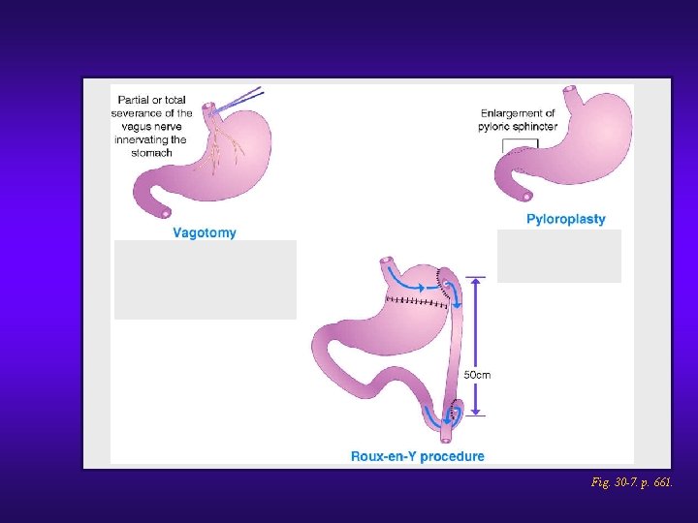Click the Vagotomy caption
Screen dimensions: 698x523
[204, 232]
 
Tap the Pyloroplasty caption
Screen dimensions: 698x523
[565, 219]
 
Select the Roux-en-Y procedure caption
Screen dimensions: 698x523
[417, 456]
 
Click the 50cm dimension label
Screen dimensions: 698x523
[476, 374]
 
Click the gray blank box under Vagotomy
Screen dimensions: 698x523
[206, 279]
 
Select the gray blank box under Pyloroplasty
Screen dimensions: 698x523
[559, 256]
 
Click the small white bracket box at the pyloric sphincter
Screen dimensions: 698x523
[519, 143]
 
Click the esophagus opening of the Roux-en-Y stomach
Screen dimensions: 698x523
[387, 261]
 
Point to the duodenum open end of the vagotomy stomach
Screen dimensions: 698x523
[166, 213]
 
